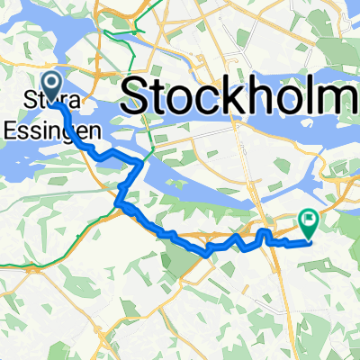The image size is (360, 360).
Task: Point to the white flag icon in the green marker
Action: (310, 218)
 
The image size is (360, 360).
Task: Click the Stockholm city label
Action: (239, 94)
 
